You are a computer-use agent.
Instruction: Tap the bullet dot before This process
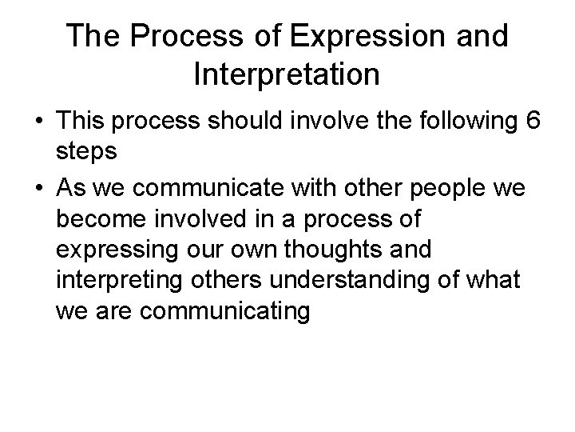(x=38, y=121)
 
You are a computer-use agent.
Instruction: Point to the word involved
(x=204, y=218)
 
